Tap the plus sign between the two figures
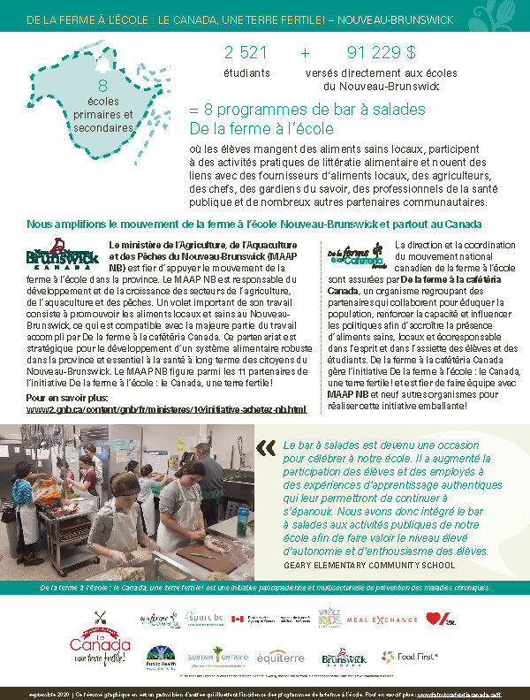pos(305,52)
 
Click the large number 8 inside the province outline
pos(102,86)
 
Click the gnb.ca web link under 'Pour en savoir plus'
pos(166,409)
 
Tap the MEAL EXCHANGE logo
pos(382,620)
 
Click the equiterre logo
pos(279,658)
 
